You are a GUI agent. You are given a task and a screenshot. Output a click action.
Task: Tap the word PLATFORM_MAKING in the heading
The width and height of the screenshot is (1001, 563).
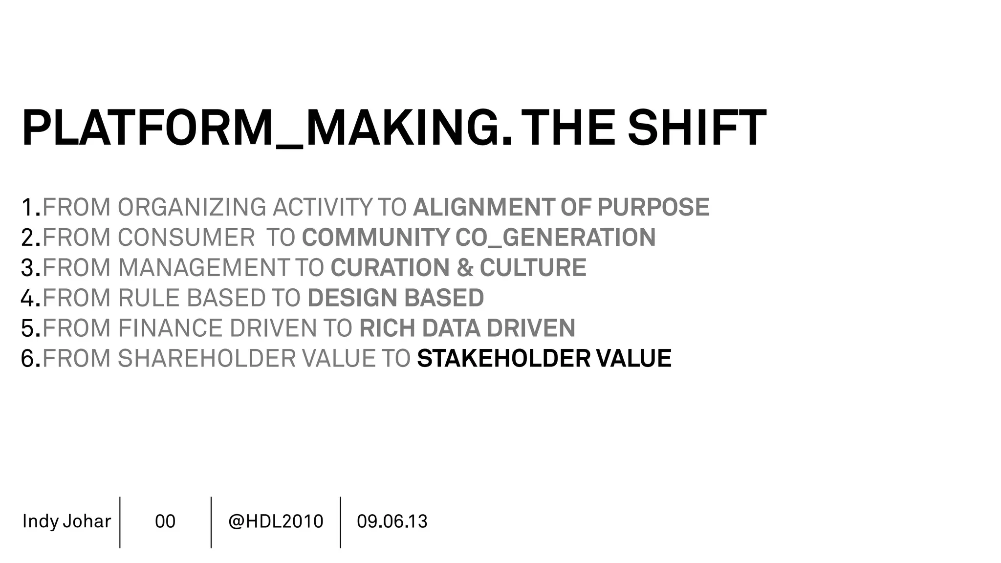pos(267,128)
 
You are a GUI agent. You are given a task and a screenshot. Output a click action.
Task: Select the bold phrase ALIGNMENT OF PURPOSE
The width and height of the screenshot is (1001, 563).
pos(561,207)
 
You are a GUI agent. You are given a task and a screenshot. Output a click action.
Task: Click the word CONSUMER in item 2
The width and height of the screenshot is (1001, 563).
pos(186,238)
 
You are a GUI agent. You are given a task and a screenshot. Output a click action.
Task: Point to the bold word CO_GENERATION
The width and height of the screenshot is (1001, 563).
pos(555,238)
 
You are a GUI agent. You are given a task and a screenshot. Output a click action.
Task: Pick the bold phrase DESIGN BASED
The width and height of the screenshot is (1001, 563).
pos(395,298)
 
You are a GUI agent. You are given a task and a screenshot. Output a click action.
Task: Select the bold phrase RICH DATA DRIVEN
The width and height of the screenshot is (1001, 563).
pos(467,328)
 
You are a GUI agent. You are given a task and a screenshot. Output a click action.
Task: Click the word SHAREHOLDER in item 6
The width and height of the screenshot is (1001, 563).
pos(206,358)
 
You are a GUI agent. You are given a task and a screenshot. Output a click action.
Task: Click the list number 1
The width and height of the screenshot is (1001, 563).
pos(28,207)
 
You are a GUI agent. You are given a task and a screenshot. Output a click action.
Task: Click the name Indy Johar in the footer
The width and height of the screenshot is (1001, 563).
pos(66,521)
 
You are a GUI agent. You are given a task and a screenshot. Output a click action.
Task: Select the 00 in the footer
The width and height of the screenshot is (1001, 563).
pos(165,521)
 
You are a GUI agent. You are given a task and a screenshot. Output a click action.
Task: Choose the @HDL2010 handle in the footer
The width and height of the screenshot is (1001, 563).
pos(276,521)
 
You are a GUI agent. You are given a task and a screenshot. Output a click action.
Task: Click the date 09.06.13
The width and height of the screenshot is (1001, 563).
pos(392,521)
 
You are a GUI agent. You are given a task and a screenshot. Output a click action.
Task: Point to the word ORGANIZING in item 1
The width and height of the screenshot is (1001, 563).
pos(192,207)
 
